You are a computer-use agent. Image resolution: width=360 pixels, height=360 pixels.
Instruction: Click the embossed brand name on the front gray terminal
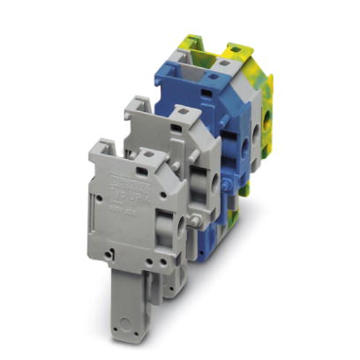pos(128,178)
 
